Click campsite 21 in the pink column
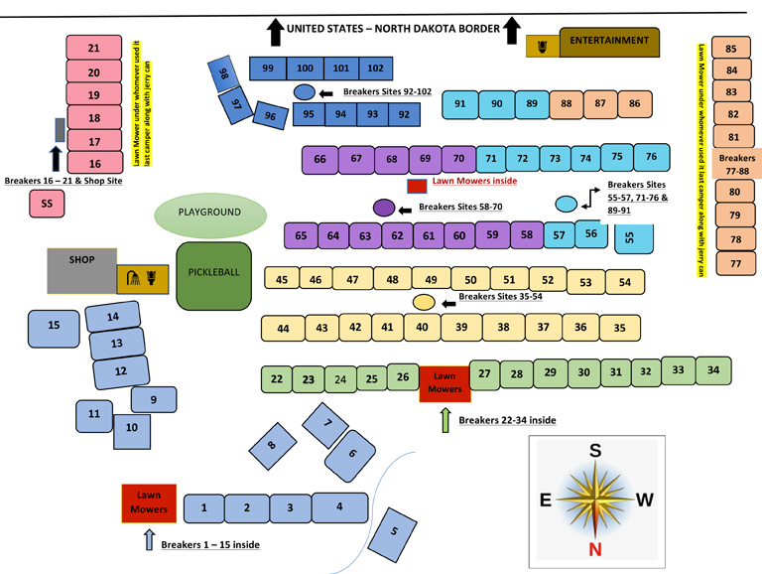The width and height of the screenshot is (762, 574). [94, 48]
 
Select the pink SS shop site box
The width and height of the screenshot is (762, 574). [46, 204]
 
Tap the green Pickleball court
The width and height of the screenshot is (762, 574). [213, 274]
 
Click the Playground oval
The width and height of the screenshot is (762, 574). [210, 214]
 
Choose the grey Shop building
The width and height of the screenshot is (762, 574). [82, 270]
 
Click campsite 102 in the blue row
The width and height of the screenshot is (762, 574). [374, 68]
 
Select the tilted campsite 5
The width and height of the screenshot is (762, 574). [393, 531]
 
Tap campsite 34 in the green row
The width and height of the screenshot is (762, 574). [712, 370]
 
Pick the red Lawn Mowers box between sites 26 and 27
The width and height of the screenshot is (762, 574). [444, 381]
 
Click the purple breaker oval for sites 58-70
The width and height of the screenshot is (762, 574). [384, 208]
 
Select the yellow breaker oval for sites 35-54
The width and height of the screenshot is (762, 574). [423, 302]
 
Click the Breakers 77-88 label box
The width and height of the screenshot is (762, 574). [737, 164]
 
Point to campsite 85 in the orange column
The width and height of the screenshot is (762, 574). [732, 49]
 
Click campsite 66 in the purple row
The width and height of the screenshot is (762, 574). [319, 160]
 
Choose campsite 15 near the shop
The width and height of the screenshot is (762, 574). [55, 327]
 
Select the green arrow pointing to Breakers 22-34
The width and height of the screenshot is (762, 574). [445, 419]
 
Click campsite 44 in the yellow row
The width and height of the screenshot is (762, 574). [284, 329]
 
